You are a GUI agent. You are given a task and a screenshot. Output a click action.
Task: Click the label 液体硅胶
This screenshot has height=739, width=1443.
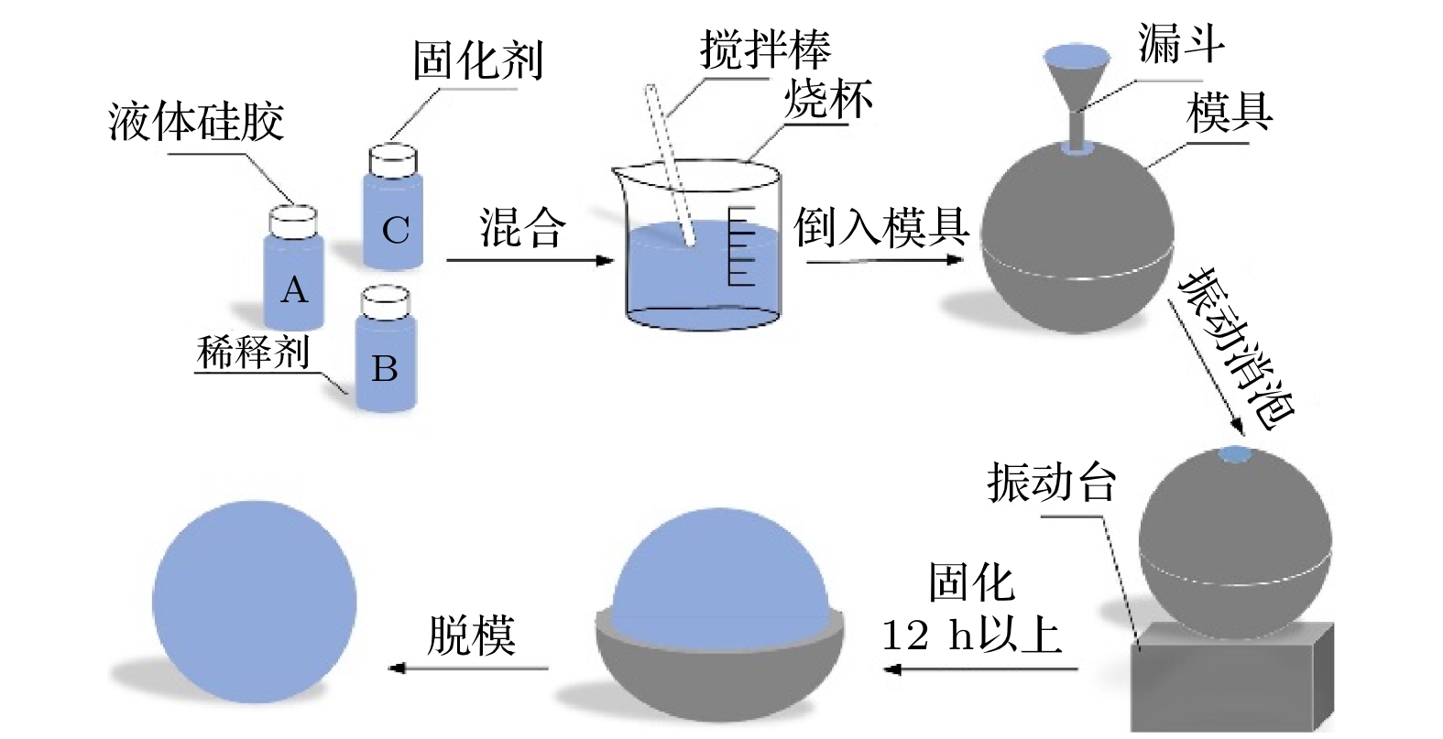(196, 122)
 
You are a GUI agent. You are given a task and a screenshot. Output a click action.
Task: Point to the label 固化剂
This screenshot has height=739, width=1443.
(477, 60)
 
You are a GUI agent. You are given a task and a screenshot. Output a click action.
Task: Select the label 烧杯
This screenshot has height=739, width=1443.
(828, 98)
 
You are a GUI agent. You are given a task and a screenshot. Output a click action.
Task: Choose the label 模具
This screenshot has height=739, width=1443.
(1229, 113)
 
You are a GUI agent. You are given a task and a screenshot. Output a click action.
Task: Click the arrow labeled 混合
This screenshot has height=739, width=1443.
(529, 260)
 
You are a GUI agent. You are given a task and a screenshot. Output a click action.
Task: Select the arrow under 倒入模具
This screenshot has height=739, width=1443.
(884, 259)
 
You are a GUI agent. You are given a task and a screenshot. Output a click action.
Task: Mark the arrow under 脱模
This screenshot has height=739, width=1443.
(468, 668)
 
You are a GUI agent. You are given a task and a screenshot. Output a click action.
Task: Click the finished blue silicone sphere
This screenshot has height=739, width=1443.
(254, 601)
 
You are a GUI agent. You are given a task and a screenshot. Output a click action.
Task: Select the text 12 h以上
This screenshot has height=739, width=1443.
(971, 634)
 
